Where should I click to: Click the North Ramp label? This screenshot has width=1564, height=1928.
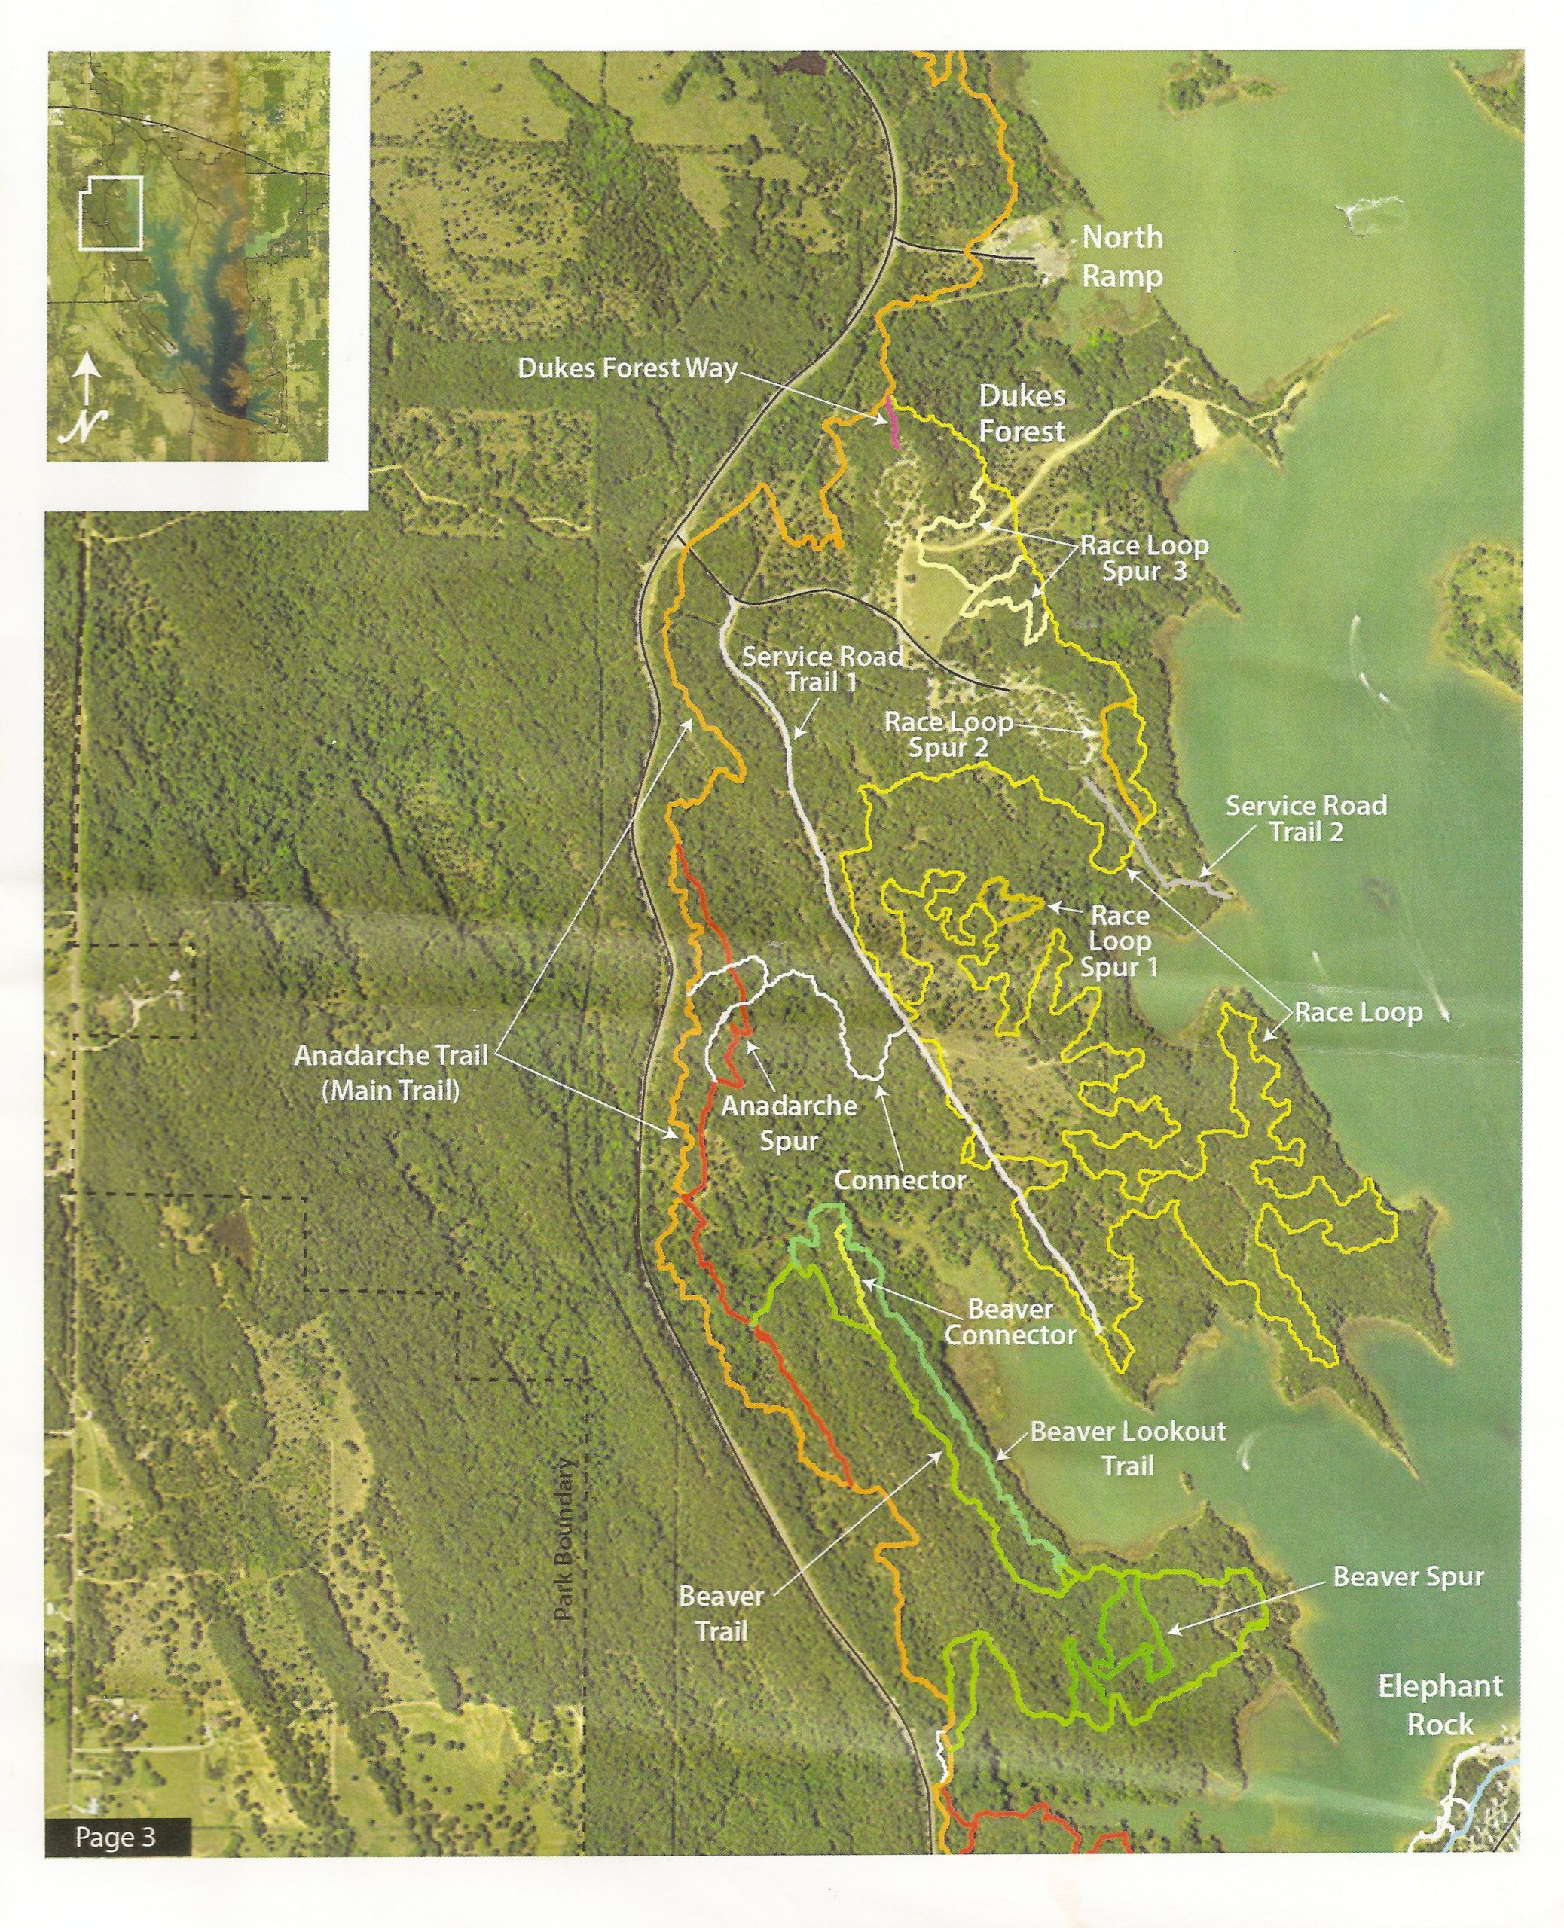point(1122,257)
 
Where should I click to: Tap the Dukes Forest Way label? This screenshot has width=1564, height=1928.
point(627,368)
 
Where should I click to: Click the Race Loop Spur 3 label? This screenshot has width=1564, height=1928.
point(1144,558)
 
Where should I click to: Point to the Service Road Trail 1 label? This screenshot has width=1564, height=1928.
point(822,669)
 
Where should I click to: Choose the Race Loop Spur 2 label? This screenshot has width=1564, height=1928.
point(948,735)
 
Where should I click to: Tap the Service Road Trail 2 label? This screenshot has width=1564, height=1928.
point(1306,819)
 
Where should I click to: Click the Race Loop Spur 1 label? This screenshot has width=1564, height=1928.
point(1120,941)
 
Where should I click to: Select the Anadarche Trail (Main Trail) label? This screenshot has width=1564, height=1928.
point(391,1072)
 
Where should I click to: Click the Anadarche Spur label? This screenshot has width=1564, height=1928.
point(790,1123)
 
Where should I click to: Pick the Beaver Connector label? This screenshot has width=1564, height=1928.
point(1010,1322)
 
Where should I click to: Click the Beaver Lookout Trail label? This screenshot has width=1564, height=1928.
point(1127,1449)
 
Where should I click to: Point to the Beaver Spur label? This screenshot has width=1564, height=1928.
point(1407,1577)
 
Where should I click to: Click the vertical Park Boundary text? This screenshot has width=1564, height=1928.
point(565,1540)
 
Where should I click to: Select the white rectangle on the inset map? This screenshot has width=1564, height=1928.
point(111,212)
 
